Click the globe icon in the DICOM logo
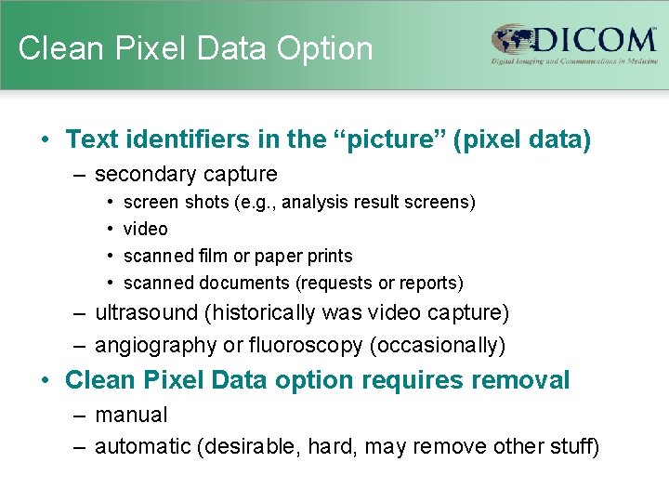pos(512,42)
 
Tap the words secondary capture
pos(186,174)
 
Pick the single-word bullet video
pos(145,229)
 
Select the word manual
pos(131,415)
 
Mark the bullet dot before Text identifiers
pos(45,140)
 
